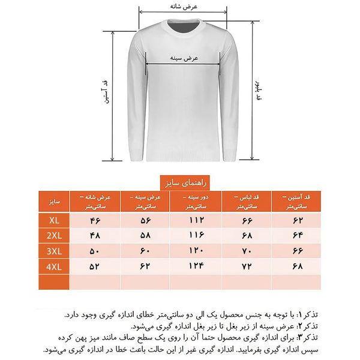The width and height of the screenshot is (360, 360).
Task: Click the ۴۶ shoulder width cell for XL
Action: click(95, 221)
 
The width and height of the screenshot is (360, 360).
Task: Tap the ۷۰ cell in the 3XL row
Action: click(246, 250)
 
